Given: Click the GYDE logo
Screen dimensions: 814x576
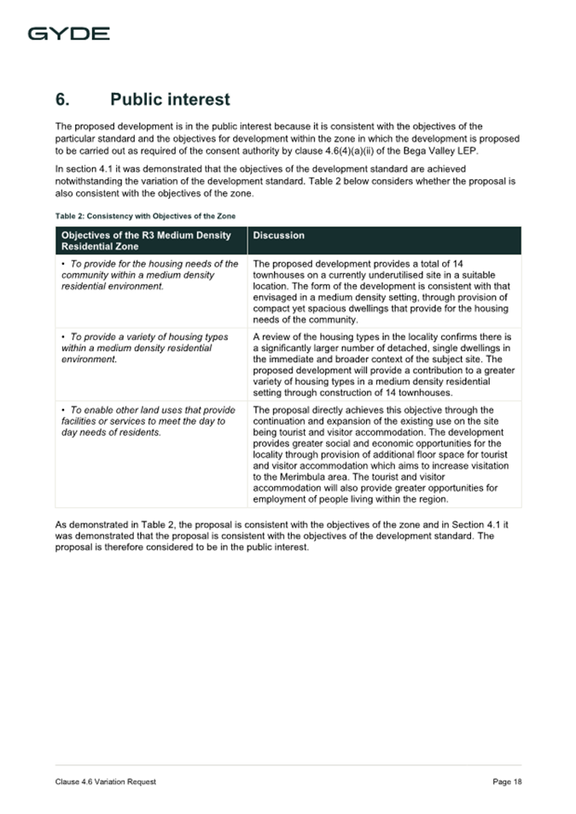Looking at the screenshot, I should [x=68, y=34].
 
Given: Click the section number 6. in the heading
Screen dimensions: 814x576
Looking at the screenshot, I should [x=67, y=100].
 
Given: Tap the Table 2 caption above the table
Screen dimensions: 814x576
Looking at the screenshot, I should [x=145, y=215].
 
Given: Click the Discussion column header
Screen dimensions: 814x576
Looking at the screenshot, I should [x=279, y=235].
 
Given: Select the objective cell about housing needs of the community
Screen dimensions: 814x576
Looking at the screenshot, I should [x=148, y=275].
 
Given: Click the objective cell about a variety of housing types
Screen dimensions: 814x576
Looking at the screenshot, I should [x=145, y=348].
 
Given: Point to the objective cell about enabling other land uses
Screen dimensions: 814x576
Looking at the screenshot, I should [x=147, y=420].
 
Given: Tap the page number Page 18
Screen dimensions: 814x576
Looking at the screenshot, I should [x=507, y=782].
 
